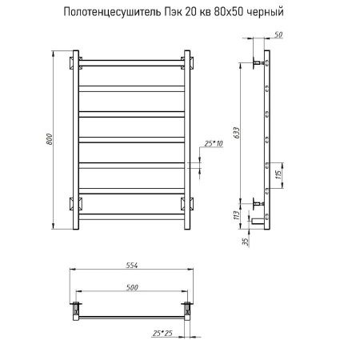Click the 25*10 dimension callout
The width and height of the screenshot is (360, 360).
pyautogui.click(x=212, y=142)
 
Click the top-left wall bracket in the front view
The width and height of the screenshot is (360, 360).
pyautogui.click(x=74, y=62)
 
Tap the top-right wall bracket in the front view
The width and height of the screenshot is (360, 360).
pyautogui.click(x=187, y=62)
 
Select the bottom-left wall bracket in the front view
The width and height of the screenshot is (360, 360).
pyautogui.click(x=74, y=201)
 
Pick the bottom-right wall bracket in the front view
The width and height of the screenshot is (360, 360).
pyautogui.click(x=187, y=201)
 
